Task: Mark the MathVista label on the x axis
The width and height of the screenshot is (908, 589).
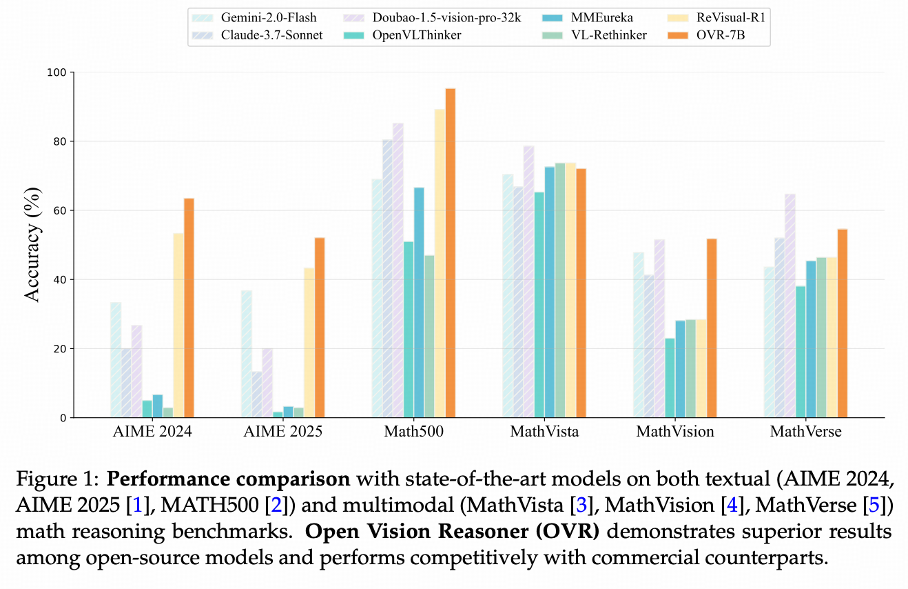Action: (x=544, y=432)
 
